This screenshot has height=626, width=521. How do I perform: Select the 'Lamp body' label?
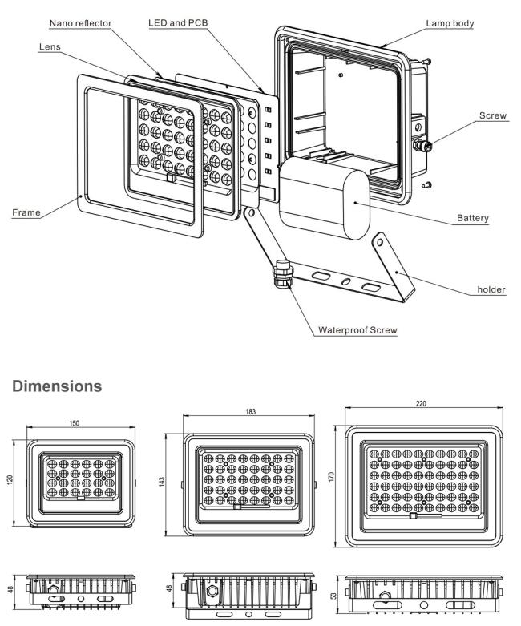click(x=451, y=24)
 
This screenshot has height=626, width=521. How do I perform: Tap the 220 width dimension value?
click(x=420, y=404)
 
